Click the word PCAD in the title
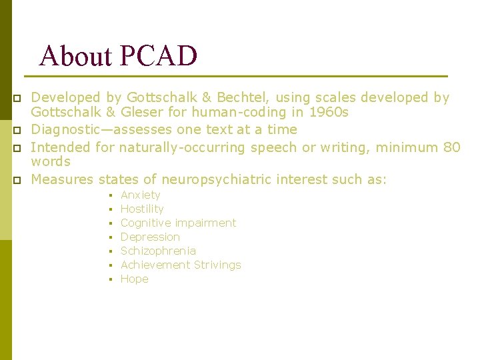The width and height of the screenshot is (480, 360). pyautogui.click(x=159, y=56)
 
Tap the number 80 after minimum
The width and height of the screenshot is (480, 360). pyautogui.click(x=451, y=147)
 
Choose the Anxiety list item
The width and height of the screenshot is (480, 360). pyautogui.click(x=140, y=195)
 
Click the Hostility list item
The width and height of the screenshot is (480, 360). pyautogui.click(x=142, y=209)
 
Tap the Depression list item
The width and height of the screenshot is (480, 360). pyautogui.click(x=150, y=237)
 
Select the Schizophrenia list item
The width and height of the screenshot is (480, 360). pyautogui.click(x=158, y=251)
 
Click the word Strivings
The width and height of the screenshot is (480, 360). pyautogui.click(x=214, y=265)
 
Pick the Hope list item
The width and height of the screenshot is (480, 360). pyautogui.click(x=134, y=279)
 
